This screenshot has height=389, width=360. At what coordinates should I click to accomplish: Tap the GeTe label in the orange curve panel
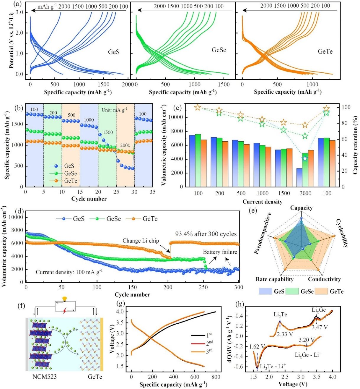325,51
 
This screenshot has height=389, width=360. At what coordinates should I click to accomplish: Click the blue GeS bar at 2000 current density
299,177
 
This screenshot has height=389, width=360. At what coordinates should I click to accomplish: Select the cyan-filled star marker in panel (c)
305,159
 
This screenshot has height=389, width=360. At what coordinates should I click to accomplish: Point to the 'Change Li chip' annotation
141,241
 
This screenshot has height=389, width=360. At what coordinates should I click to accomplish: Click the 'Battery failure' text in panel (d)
220,252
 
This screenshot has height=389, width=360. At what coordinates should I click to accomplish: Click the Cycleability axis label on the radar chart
342,233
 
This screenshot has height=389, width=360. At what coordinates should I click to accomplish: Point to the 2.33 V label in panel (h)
285,334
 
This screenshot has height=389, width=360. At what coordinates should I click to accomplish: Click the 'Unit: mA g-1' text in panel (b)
114,110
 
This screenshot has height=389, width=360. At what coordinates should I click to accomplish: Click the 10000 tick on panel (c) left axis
176,117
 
